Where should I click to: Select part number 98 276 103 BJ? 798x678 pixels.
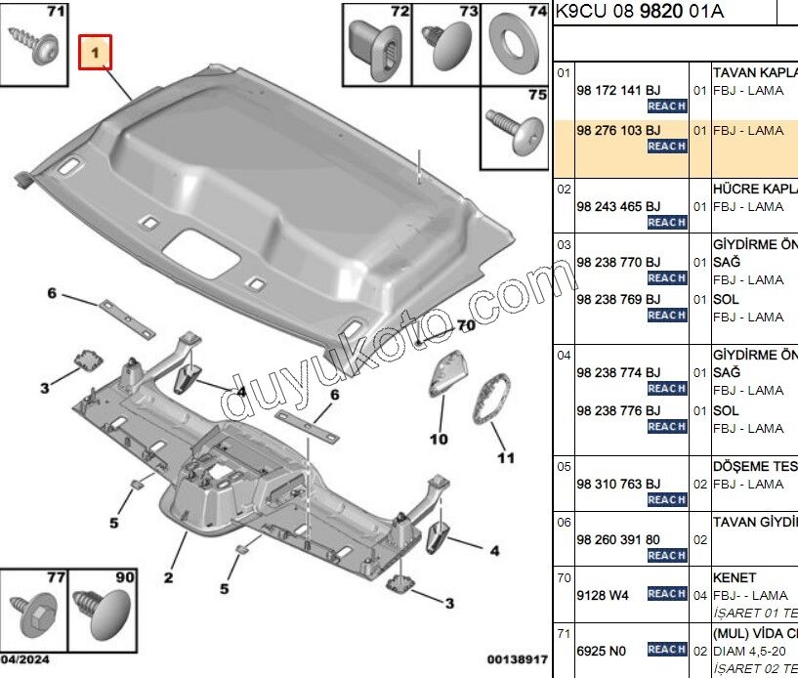pyautogui.click(x=618, y=130)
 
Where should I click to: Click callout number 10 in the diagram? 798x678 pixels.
pyautogui.click(x=440, y=439)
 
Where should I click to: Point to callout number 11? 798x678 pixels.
pyautogui.click(x=505, y=457)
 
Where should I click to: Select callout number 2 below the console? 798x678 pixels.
pyautogui.click(x=168, y=578)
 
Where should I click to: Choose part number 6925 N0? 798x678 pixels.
pyautogui.click(x=600, y=649)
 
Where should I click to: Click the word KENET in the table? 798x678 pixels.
pyautogui.click(x=734, y=578)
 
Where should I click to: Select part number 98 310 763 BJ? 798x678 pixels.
pyautogui.click(x=618, y=483)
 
